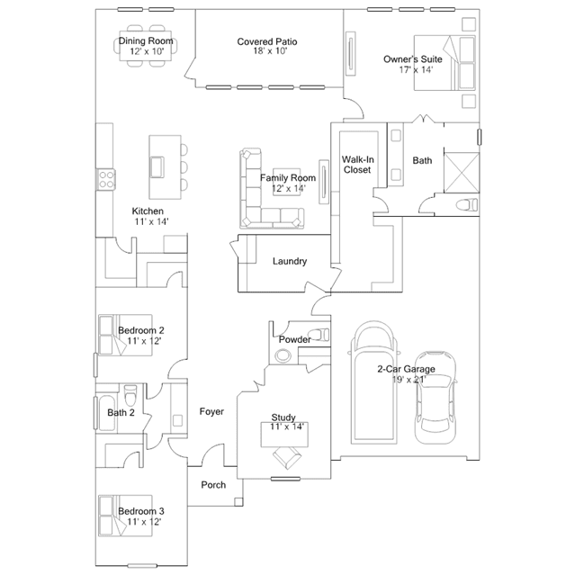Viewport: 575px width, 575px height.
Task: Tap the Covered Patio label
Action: pyautogui.click(x=267, y=41)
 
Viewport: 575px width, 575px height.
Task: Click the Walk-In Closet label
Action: pyautogui.click(x=357, y=165)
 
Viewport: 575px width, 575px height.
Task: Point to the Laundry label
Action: pyautogui.click(x=289, y=262)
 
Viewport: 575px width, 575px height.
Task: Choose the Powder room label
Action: pyautogui.click(x=294, y=339)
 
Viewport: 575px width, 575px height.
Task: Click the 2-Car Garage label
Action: pyautogui.click(x=406, y=369)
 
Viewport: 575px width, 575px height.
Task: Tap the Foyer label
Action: pyautogui.click(x=211, y=411)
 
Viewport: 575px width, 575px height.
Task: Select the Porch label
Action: pyautogui.click(x=213, y=485)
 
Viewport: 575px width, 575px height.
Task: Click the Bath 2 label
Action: pyautogui.click(x=121, y=413)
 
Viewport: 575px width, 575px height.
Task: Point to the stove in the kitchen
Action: pyautogui.click(x=106, y=179)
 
